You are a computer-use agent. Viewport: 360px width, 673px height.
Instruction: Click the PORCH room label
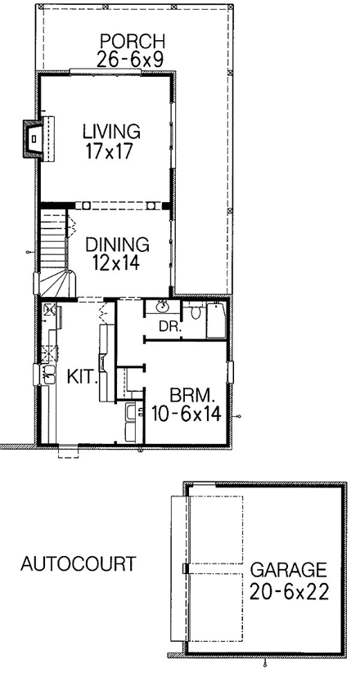[133, 42]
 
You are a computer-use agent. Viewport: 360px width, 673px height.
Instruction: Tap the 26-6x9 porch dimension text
[130, 59]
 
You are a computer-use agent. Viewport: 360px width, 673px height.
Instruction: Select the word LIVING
[111, 131]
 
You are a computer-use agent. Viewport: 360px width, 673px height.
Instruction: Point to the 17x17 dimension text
[108, 152]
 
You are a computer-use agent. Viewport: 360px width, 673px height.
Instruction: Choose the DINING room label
[117, 245]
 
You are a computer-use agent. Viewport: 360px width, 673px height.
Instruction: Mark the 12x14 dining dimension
[115, 262]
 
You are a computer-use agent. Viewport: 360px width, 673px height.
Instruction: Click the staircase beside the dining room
[55, 253]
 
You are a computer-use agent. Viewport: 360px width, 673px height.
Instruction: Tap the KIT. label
[81, 377]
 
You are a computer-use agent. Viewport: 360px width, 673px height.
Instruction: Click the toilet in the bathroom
[196, 312]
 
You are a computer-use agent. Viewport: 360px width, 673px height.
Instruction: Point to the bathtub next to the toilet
[216, 321]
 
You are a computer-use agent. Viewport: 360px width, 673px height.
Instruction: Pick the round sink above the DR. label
[163, 307]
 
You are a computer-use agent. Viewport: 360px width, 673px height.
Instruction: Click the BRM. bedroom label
[190, 395]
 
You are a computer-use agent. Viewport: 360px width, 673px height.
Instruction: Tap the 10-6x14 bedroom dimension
[186, 414]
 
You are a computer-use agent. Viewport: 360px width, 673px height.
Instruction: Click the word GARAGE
[288, 570]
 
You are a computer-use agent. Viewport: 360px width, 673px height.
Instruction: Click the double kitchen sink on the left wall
[47, 375]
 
